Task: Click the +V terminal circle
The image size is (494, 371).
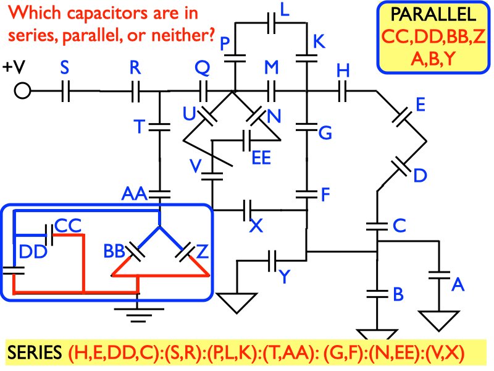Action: pyautogui.click(x=22, y=92)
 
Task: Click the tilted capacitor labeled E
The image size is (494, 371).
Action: pyautogui.click(x=403, y=116)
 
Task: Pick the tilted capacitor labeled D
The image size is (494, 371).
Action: pyautogui.click(x=402, y=166)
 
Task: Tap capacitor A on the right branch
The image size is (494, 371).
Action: pyautogui.click(x=440, y=275)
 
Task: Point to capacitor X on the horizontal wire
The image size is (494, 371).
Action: pyautogui.click(x=248, y=210)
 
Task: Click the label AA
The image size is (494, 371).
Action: pyautogui.click(x=134, y=195)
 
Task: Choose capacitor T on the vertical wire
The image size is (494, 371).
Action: pyautogui.click(x=160, y=127)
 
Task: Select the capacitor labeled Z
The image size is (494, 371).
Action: pyautogui.click(x=184, y=252)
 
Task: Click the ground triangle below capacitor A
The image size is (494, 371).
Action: pyautogui.click(x=440, y=318)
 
